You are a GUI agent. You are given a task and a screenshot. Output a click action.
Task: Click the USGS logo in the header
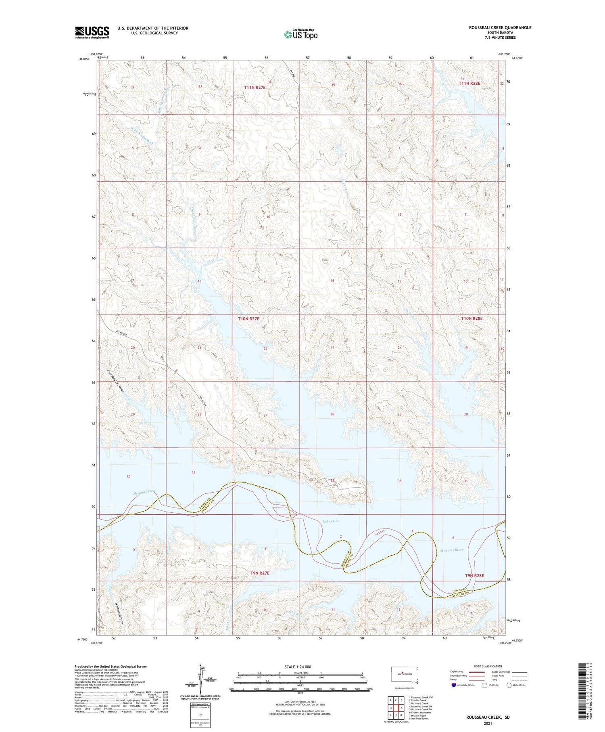click(x=92, y=32)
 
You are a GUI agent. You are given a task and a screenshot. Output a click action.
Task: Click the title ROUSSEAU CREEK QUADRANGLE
click(x=500, y=27)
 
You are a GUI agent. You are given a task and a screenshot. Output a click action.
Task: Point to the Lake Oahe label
click(x=331, y=521)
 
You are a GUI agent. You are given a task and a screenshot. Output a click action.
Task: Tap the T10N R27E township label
click(x=248, y=319)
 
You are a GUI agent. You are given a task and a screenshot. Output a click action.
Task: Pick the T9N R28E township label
click(x=474, y=575)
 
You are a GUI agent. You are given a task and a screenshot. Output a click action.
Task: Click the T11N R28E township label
click(x=469, y=83)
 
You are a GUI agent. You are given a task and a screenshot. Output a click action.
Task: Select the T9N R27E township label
click(x=260, y=573)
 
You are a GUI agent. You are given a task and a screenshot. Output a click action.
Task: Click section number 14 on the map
click(x=332, y=281)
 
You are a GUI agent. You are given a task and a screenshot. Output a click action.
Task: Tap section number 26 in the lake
click(x=332, y=414)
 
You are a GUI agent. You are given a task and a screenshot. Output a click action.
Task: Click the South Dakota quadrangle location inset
click(x=405, y=675)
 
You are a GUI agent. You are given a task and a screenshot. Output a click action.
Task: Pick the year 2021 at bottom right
click(x=488, y=723)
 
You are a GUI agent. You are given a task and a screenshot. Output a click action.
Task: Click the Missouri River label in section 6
click(x=451, y=550)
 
